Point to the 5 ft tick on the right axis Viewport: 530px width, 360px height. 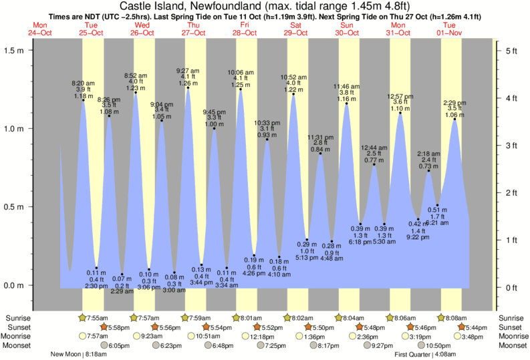[x=511, y=50]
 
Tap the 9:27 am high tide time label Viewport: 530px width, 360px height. [x=188, y=70]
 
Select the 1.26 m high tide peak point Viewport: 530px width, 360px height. [x=188, y=87]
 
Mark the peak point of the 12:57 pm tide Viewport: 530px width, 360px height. [x=400, y=113]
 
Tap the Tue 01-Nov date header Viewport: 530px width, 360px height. [x=450, y=28]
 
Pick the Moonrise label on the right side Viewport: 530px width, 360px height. [x=511, y=337]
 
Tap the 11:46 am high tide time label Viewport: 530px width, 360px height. [x=346, y=87]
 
